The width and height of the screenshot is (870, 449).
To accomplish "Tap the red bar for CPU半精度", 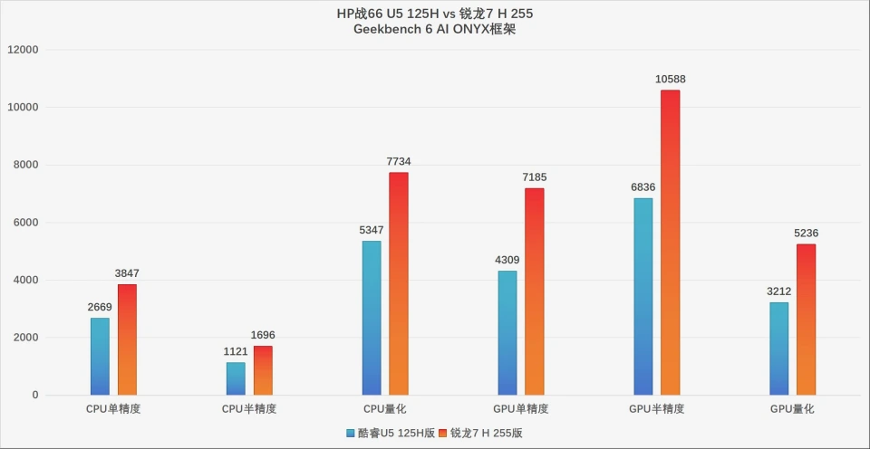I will click(x=263, y=370).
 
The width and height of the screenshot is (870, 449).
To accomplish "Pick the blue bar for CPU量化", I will click(x=372, y=318).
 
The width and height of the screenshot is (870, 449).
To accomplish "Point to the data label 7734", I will click(x=399, y=162).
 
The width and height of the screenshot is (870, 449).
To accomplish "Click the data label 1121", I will click(x=236, y=352).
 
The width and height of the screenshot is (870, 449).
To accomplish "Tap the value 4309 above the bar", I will click(x=507, y=261).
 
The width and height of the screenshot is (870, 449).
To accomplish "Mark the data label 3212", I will click(x=779, y=291).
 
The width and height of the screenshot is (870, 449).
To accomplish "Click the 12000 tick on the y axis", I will click(x=24, y=50).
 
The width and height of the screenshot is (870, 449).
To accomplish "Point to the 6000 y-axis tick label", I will click(x=26, y=223).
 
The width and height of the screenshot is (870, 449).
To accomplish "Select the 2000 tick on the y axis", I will click(x=26, y=338).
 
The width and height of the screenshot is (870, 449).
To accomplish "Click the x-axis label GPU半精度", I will click(x=657, y=409).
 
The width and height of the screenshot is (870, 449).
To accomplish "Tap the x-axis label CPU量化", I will click(x=385, y=409).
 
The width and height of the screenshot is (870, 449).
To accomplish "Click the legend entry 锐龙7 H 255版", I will click(x=485, y=433).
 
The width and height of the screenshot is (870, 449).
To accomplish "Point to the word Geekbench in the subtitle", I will click(x=391, y=30).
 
